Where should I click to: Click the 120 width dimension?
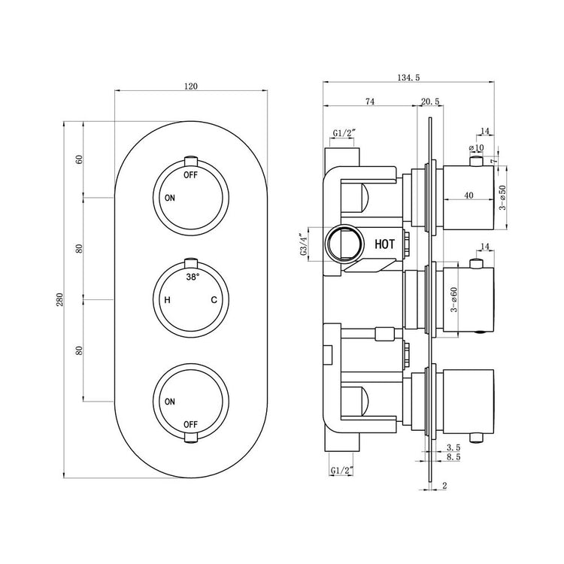point(191,86)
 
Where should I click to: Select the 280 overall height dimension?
point(59,299)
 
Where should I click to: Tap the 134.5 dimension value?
point(408,77)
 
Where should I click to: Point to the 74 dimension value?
point(370,102)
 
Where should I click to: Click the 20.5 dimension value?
point(430,102)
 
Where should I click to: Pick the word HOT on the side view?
point(384,244)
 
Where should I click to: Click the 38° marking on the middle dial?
point(193,277)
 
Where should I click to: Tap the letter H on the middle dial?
point(167,299)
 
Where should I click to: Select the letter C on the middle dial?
point(214,299)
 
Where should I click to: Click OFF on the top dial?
point(191,175)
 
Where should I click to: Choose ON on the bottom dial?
point(170,402)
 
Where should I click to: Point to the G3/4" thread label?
point(304,245)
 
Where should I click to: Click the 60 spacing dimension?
point(79,159)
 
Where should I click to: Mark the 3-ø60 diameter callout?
point(454,299)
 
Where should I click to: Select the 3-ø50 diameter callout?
point(502,197)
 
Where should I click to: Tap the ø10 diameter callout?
point(476,148)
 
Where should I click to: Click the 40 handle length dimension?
point(468,196)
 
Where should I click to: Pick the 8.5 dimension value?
point(453,456)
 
